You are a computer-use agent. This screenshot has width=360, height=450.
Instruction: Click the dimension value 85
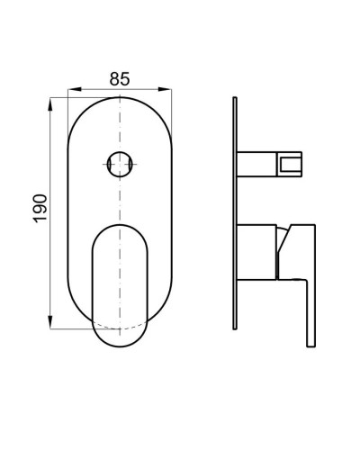click(119, 78)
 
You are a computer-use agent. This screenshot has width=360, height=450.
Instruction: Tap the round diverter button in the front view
click(119, 165)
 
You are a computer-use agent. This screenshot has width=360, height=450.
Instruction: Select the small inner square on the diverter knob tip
click(290, 164)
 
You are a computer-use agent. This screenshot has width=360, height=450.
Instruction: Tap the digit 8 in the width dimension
click(112, 78)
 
